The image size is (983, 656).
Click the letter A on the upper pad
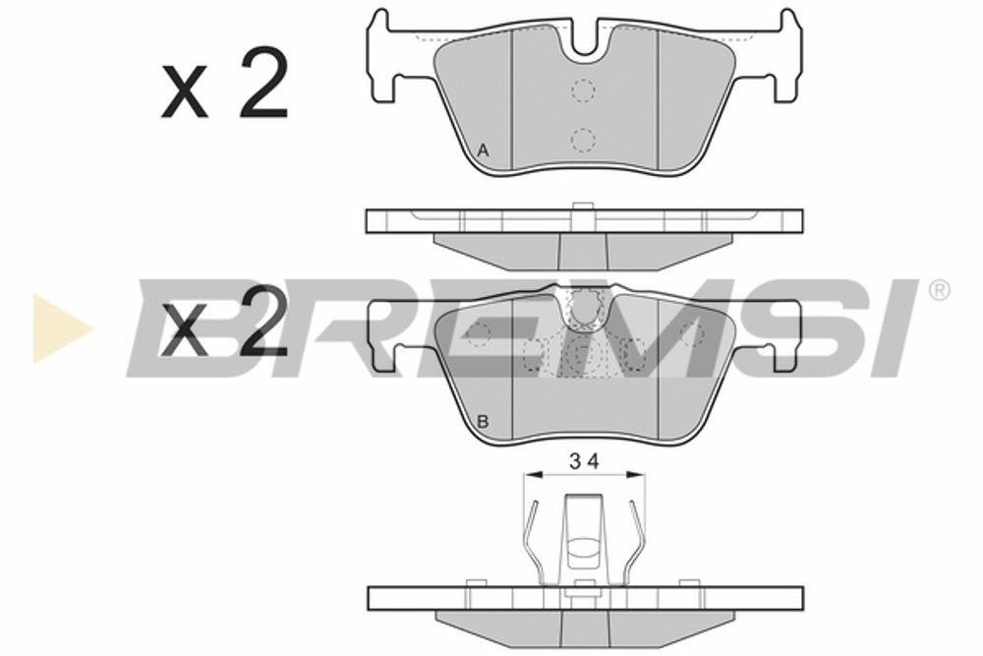(x=483, y=150)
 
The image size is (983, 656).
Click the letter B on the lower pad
(x=483, y=422)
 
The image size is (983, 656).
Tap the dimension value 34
(x=584, y=459)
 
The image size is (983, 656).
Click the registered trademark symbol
(x=939, y=290)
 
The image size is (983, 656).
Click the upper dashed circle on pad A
(x=584, y=90)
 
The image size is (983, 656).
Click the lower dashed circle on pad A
(x=584, y=140)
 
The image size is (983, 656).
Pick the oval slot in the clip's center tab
(x=584, y=548)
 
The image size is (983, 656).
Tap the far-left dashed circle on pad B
(x=479, y=334)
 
